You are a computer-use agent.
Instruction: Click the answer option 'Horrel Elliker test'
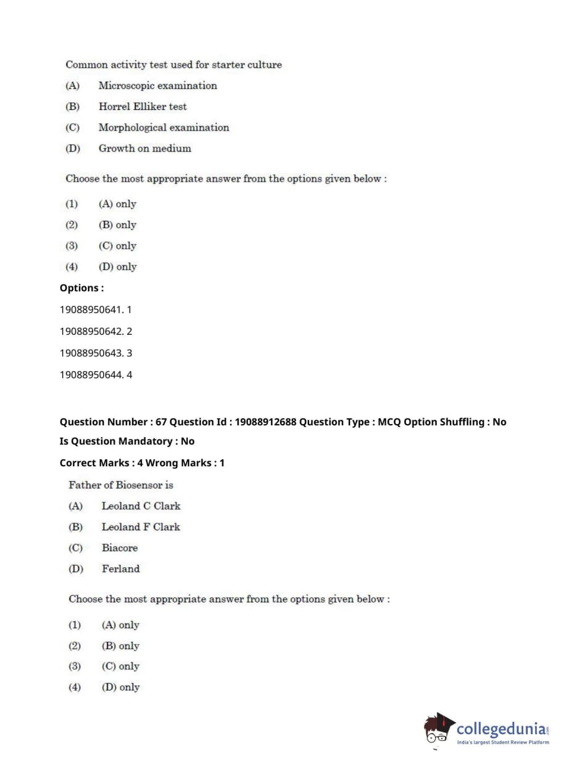click(142, 106)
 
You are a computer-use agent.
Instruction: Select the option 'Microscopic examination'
click(157, 85)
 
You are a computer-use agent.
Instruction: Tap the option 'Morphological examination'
click(163, 128)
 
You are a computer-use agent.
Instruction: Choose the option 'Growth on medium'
click(145, 149)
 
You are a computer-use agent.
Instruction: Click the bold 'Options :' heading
click(81, 288)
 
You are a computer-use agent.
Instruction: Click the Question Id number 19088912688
click(265, 422)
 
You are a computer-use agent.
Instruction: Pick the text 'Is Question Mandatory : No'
click(127, 441)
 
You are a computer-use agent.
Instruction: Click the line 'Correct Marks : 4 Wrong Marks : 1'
click(142, 463)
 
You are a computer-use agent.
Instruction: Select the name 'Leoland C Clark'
click(141, 506)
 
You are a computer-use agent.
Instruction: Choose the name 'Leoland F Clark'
click(141, 527)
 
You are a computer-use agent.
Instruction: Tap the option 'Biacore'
click(120, 548)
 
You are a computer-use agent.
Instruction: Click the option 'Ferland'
click(120, 569)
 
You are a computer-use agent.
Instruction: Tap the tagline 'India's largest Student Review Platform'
click(503, 742)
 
